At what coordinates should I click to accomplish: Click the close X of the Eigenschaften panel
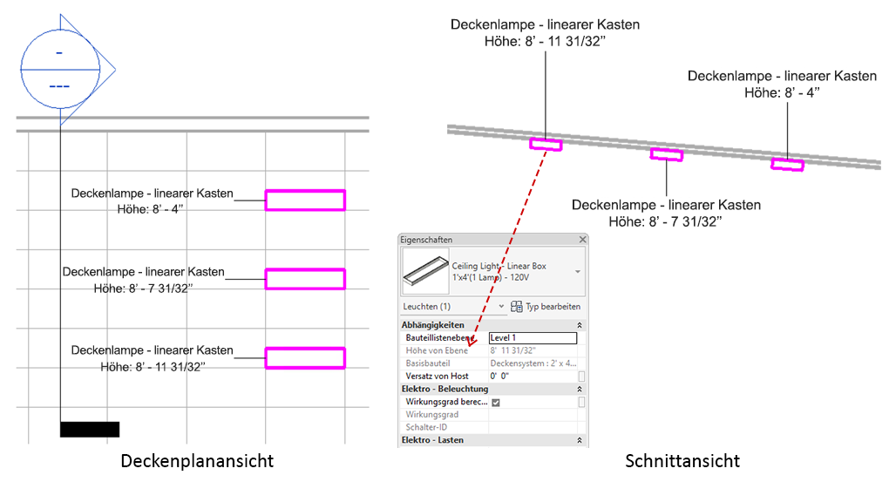[583, 239]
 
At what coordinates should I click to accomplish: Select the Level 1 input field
[533, 337]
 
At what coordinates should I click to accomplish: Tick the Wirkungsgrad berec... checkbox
[496, 402]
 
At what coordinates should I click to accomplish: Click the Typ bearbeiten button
[546, 307]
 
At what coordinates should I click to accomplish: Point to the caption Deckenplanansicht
[196, 460]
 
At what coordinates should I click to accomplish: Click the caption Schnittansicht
[682, 460]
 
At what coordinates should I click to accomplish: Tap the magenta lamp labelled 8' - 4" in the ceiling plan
[305, 200]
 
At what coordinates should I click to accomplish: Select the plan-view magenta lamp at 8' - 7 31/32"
[305, 279]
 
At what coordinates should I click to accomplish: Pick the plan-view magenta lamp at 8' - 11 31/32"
[305, 357]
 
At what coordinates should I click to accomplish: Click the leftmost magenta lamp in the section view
[546, 144]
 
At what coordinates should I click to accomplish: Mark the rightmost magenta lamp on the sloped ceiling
[787, 164]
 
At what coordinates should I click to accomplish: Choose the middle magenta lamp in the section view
[667, 154]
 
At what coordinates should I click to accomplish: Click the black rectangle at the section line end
[89, 429]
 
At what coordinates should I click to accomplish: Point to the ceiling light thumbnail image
[424, 271]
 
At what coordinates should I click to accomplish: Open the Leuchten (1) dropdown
[501, 307]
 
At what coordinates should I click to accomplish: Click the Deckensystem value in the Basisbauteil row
[532, 363]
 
